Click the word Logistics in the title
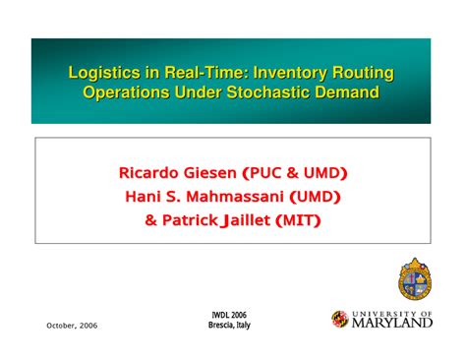97,73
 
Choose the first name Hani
143,197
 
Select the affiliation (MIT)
300,219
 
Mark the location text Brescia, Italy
228,326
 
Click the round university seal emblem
415,278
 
